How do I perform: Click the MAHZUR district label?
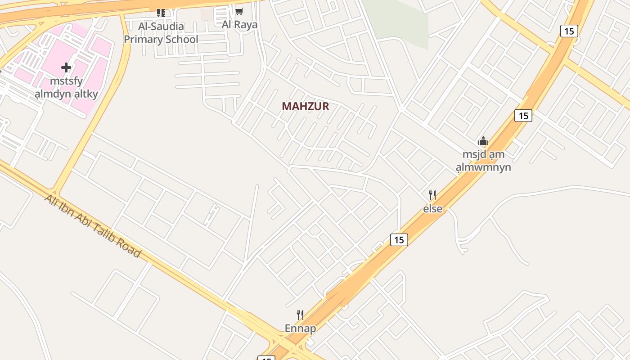306,107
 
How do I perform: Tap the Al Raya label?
239,24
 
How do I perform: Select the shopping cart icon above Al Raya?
239,12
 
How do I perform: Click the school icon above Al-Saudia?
161,13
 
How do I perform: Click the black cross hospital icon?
66,68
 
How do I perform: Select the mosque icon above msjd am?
483,141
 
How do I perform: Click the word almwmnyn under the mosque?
483,168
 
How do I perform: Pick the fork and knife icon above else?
432,195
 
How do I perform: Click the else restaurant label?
432,209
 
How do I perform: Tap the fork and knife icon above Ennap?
300,315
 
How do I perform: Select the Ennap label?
300,328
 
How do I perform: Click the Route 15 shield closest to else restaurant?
399,240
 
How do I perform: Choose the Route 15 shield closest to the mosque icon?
523,116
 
